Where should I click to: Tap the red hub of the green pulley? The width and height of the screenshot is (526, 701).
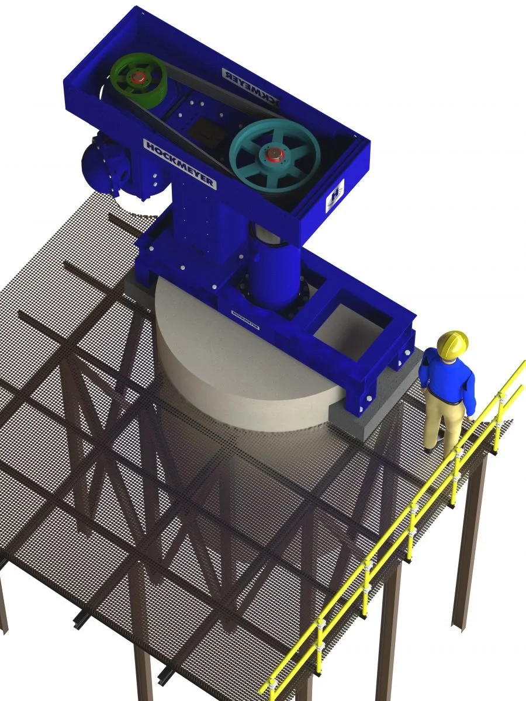(x=139, y=78)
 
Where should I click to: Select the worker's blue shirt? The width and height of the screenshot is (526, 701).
(x=447, y=380)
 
